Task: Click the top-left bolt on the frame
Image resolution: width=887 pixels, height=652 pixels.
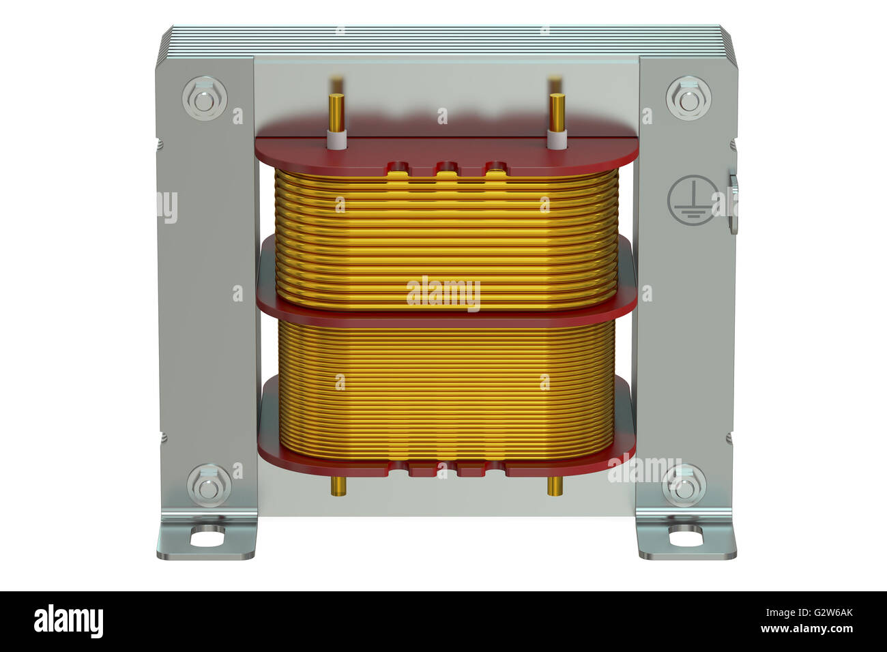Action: [x=205, y=100]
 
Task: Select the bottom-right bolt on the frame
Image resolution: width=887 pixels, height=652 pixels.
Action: [x=684, y=486]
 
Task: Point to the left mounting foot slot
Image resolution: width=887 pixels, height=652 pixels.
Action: [x=207, y=537]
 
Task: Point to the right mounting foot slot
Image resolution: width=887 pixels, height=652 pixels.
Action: [x=684, y=537]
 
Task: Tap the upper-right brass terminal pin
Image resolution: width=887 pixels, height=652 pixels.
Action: [x=557, y=109]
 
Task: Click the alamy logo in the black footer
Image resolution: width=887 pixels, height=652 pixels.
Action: [x=68, y=621]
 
